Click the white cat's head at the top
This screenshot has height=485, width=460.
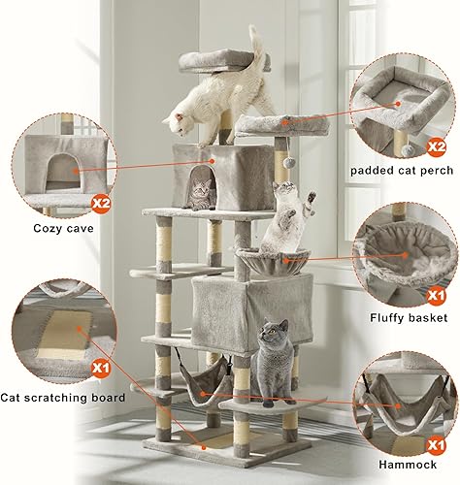[x=178, y=121]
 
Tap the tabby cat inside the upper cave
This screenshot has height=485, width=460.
[x=200, y=193]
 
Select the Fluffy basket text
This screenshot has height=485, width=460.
[x=408, y=317]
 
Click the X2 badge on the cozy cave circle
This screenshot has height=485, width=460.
[x=101, y=203]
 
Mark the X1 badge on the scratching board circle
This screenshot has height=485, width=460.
[x=100, y=369]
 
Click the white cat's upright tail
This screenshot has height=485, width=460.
[x=257, y=48]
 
